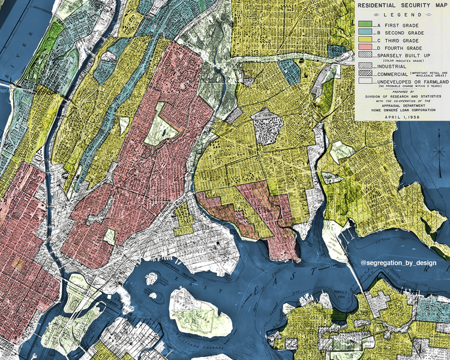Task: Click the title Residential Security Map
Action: click(401, 5)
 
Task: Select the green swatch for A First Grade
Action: click(365, 23)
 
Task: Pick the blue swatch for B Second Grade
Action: click(365, 31)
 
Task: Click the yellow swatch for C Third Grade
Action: click(365, 40)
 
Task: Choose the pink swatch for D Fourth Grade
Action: click(365, 48)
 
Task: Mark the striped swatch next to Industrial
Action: click(365, 65)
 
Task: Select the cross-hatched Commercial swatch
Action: click(365, 73)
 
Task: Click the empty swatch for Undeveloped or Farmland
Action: click(365, 80)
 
